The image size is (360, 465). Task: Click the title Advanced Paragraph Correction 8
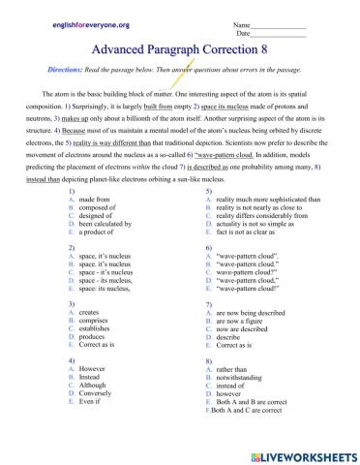pyautogui.click(x=180, y=50)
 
